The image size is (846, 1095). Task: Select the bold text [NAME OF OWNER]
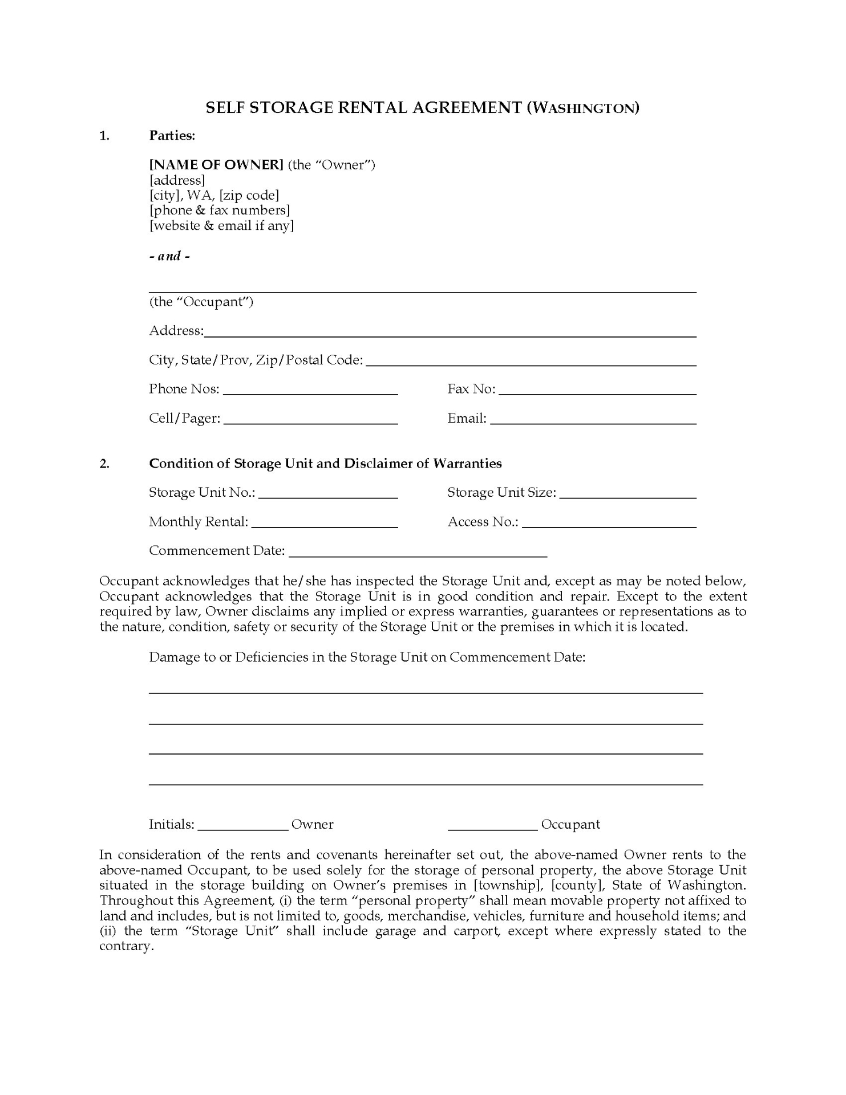pos(216,165)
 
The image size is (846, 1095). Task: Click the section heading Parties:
pos(172,135)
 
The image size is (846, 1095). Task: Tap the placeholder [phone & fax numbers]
pos(220,210)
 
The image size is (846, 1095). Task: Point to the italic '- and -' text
pos(169,256)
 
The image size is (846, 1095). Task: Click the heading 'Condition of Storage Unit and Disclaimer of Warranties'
pos(325,463)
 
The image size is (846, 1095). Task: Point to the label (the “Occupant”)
pos(201,302)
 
